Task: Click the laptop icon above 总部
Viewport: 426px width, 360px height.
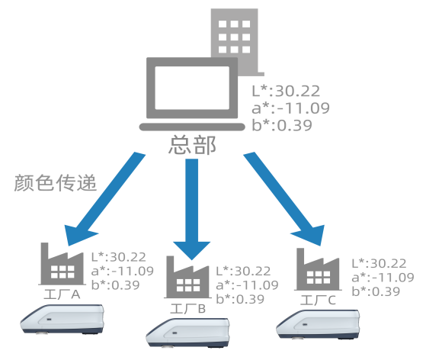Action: (x=192, y=94)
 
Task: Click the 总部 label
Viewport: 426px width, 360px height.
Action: (x=192, y=145)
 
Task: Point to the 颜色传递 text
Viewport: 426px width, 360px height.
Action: (x=56, y=183)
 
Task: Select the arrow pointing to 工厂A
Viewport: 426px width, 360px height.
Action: (x=104, y=199)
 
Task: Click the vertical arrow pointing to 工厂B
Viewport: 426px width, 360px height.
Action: (x=192, y=210)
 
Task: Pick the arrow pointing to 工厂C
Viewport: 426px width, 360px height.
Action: (x=284, y=199)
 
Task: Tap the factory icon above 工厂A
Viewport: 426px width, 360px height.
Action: (x=62, y=264)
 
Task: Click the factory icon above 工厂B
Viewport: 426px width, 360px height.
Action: (x=187, y=277)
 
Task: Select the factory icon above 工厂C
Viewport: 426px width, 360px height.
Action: (x=318, y=269)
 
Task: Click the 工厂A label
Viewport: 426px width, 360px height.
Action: (x=62, y=294)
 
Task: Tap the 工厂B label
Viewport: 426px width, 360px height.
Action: (x=187, y=309)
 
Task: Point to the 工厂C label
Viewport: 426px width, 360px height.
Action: (x=318, y=301)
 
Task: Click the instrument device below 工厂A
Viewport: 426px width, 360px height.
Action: (x=62, y=320)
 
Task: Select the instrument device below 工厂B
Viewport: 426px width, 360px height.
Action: (x=187, y=333)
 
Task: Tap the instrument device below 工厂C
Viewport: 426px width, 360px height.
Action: (x=318, y=324)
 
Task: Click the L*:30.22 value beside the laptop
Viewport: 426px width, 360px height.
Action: (x=286, y=91)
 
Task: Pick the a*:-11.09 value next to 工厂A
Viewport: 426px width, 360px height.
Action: (x=123, y=271)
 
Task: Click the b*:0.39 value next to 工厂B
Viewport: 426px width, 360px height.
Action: (x=240, y=300)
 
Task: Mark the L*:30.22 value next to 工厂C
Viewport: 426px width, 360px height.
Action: (x=379, y=263)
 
